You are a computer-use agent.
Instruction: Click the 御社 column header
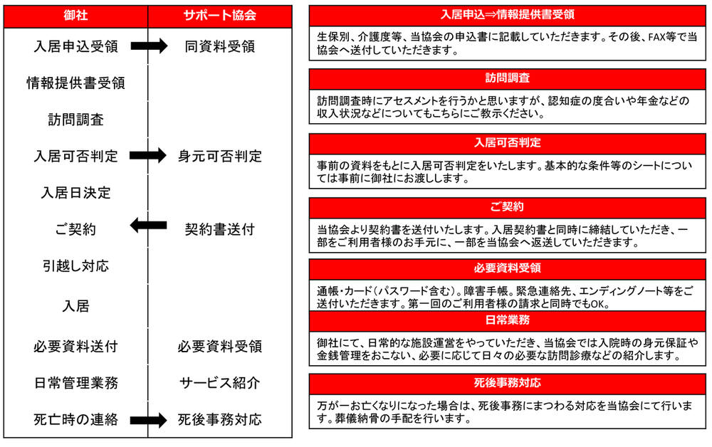(75, 16)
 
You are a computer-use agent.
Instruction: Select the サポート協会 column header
(220, 16)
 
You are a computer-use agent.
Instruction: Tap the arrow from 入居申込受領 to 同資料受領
(149, 46)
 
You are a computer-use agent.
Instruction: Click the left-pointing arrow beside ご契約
(148, 225)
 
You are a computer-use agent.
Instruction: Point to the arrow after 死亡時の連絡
(149, 420)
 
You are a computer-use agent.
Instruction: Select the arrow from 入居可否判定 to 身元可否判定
(148, 156)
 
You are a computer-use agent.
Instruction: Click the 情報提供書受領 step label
(76, 83)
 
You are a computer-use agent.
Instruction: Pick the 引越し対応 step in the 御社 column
(76, 266)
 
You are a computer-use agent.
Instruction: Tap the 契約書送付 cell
(220, 229)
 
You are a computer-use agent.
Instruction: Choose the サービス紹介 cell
(220, 383)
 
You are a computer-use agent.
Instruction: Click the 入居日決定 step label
(76, 193)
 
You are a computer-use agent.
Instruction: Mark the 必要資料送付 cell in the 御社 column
(76, 347)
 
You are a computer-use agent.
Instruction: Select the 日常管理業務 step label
(76, 383)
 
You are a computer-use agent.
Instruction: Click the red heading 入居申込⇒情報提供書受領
(507, 15)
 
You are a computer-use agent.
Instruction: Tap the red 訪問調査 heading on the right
(507, 78)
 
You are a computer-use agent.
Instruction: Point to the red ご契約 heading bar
(507, 207)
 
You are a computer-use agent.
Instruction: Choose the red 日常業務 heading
(507, 320)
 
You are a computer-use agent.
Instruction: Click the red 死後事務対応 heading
(507, 383)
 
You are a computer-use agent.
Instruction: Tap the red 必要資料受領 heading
(507, 268)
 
